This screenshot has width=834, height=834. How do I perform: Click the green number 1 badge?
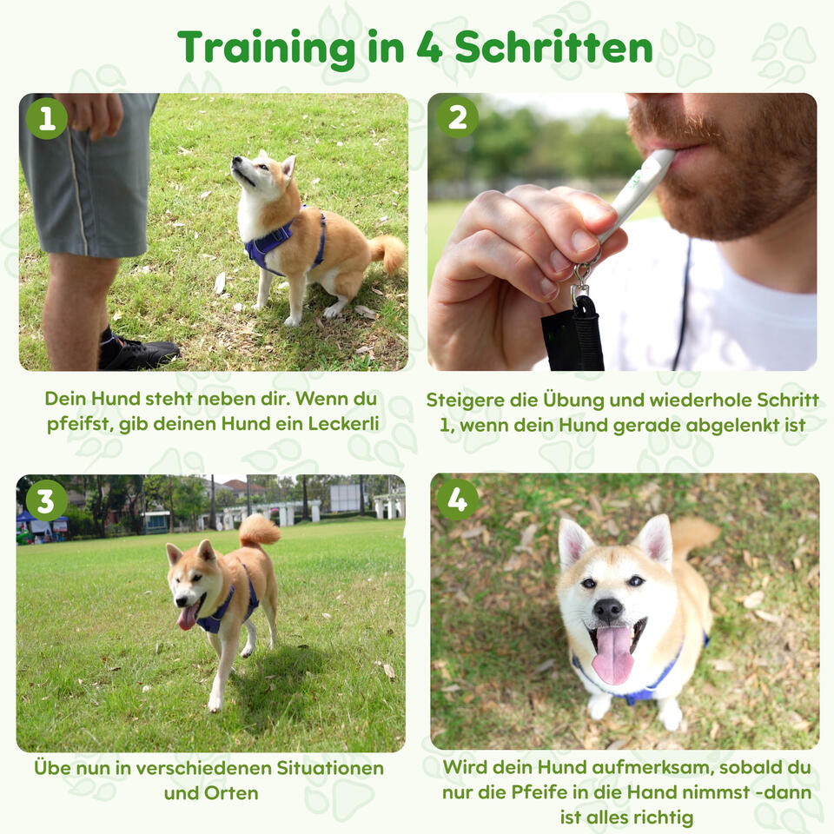point(47,118)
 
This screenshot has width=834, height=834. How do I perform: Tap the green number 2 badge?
point(458,117)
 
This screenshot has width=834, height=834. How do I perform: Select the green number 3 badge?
point(46,500)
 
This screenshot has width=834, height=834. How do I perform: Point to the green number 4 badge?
point(458,500)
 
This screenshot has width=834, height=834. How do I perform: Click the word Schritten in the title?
point(553,48)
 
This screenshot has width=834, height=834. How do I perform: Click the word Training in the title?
point(267,49)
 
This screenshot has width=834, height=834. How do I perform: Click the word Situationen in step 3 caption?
point(330,768)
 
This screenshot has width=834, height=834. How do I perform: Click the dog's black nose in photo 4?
point(607,610)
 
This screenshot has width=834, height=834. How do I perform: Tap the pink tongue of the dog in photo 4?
point(612,655)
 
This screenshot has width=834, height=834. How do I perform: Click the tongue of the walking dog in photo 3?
point(188,617)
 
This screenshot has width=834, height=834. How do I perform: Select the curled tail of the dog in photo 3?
point(258,530)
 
